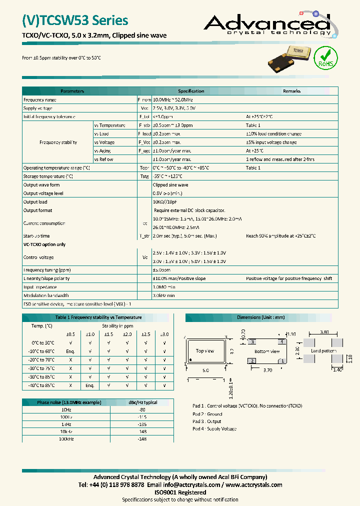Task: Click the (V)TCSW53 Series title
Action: tap(75, 20)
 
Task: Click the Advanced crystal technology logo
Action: tap(267, 25)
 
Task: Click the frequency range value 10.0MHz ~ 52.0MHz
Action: tap(172, 100)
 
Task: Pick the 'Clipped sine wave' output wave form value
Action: tap(170, 185)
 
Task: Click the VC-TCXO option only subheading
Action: tap(44, 244)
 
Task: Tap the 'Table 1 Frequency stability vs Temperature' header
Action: tap(98, 317)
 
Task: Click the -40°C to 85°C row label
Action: tap(41, 385)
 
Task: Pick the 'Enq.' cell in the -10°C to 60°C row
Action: tap(70, 351)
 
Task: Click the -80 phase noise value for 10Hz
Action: tap(141, 409)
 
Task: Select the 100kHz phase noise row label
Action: tap(66, 439)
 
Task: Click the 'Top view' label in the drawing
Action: tap(205, 351)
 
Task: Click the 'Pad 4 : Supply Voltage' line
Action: tap(214, 429)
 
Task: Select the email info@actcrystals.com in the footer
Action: tap(191, 484)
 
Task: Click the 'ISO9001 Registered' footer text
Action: tap(179, 492)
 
